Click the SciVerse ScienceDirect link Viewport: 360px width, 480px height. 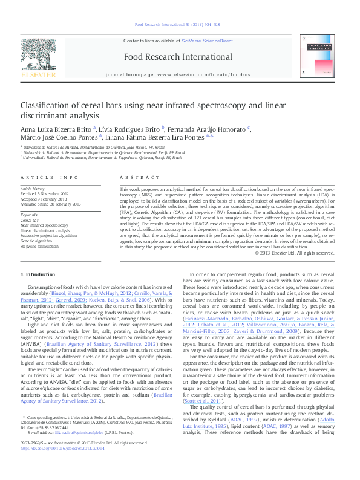pyautogui.click(x=211, y=41)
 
